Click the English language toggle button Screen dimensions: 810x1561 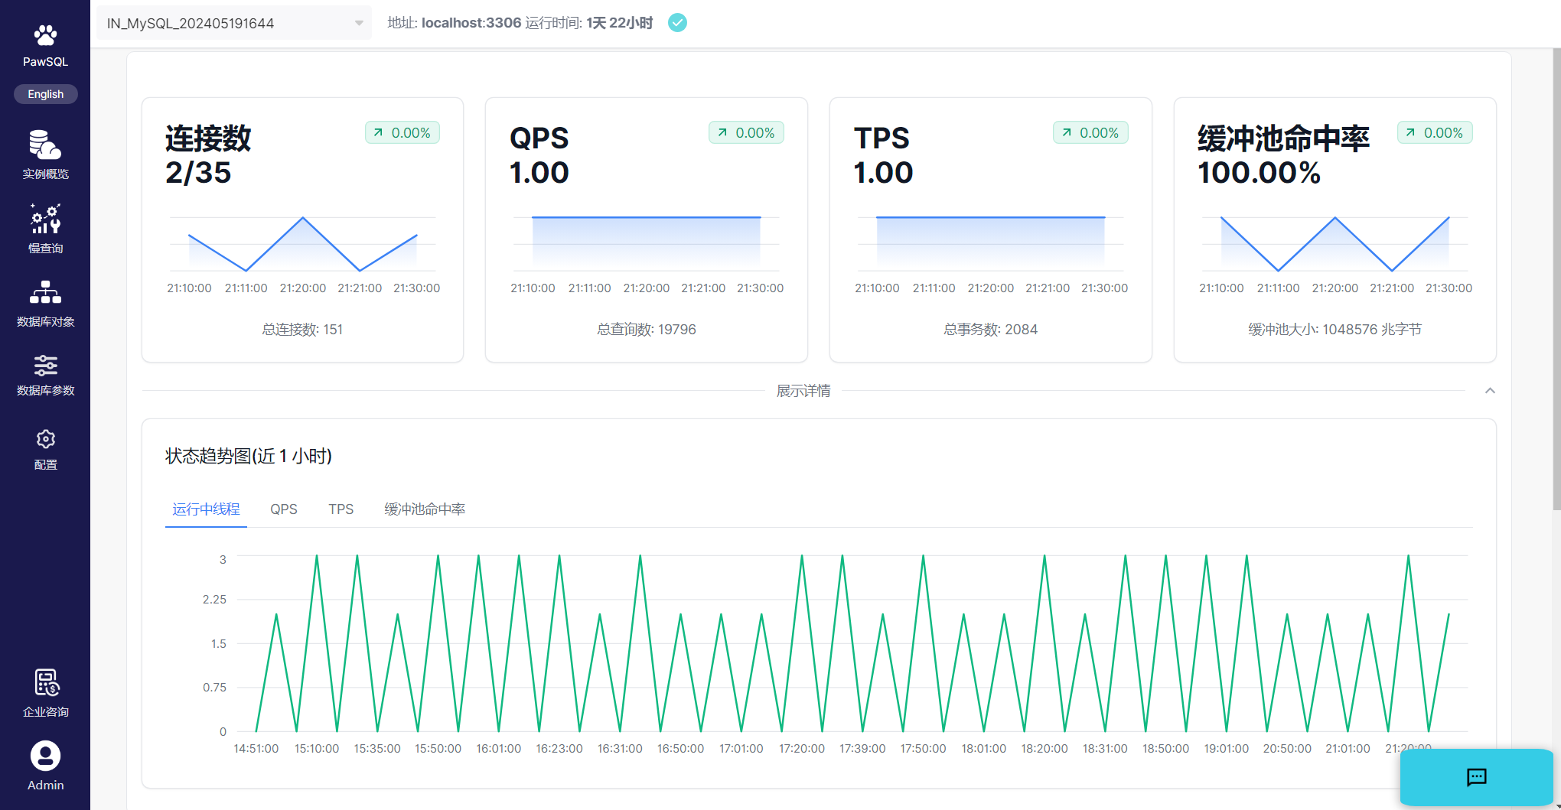(x=45, y=94)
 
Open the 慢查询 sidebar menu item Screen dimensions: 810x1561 (x=45, y=228)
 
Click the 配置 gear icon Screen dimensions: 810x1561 (x=45, y=439)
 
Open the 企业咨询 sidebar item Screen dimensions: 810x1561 (x=45, y=693)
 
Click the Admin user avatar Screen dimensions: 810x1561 (x=45, y=756)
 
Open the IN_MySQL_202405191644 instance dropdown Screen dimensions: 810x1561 (x=233, y=23)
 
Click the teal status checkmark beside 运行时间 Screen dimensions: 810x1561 (x=677, y=23)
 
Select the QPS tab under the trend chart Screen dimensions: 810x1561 (x=283, y=509)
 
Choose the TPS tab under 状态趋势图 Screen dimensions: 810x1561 (x=341, y=509)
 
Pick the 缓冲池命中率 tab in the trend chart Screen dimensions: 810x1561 (x=424, y=509)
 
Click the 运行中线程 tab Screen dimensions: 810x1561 (x=206, y=509)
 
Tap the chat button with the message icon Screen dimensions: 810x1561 (x=1476, y=777)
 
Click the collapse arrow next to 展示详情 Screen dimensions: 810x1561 (x=1490, y=391)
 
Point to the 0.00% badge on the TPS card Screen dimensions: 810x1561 (x=1090, y=133)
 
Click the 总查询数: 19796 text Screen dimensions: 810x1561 (x=646, y=330)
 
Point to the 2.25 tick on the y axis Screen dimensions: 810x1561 (x=214, y=600)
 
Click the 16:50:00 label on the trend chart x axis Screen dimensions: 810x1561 (x=680, y=749)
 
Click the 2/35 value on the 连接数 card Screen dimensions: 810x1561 (x=198, y=173)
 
